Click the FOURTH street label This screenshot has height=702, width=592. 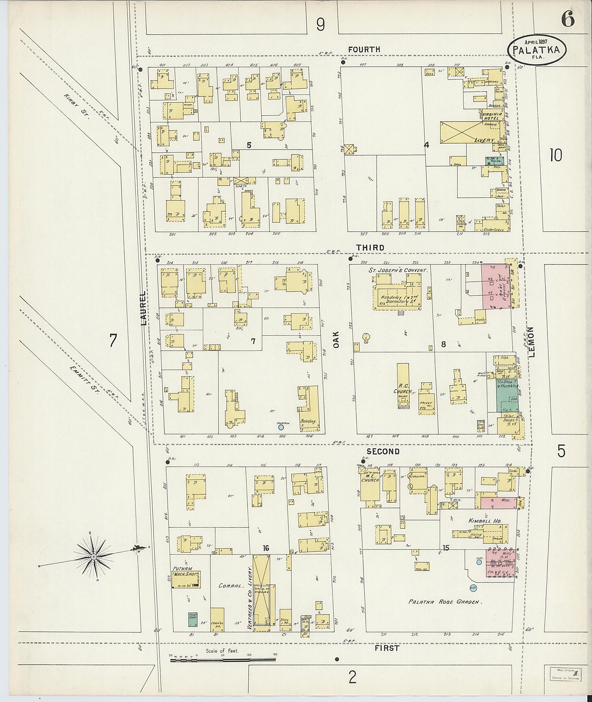click(364, 49)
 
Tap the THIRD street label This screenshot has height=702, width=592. click(370, 247)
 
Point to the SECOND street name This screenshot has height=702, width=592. click(383, 451)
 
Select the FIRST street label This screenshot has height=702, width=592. click(387, 648)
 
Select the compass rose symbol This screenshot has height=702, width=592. click(94, 557)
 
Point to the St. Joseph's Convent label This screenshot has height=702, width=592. click(398, 271)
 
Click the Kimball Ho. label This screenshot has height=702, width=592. click(485, 521)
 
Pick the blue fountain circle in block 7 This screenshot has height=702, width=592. click(281, 427)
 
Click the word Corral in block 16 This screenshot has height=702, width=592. click(230, 586)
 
